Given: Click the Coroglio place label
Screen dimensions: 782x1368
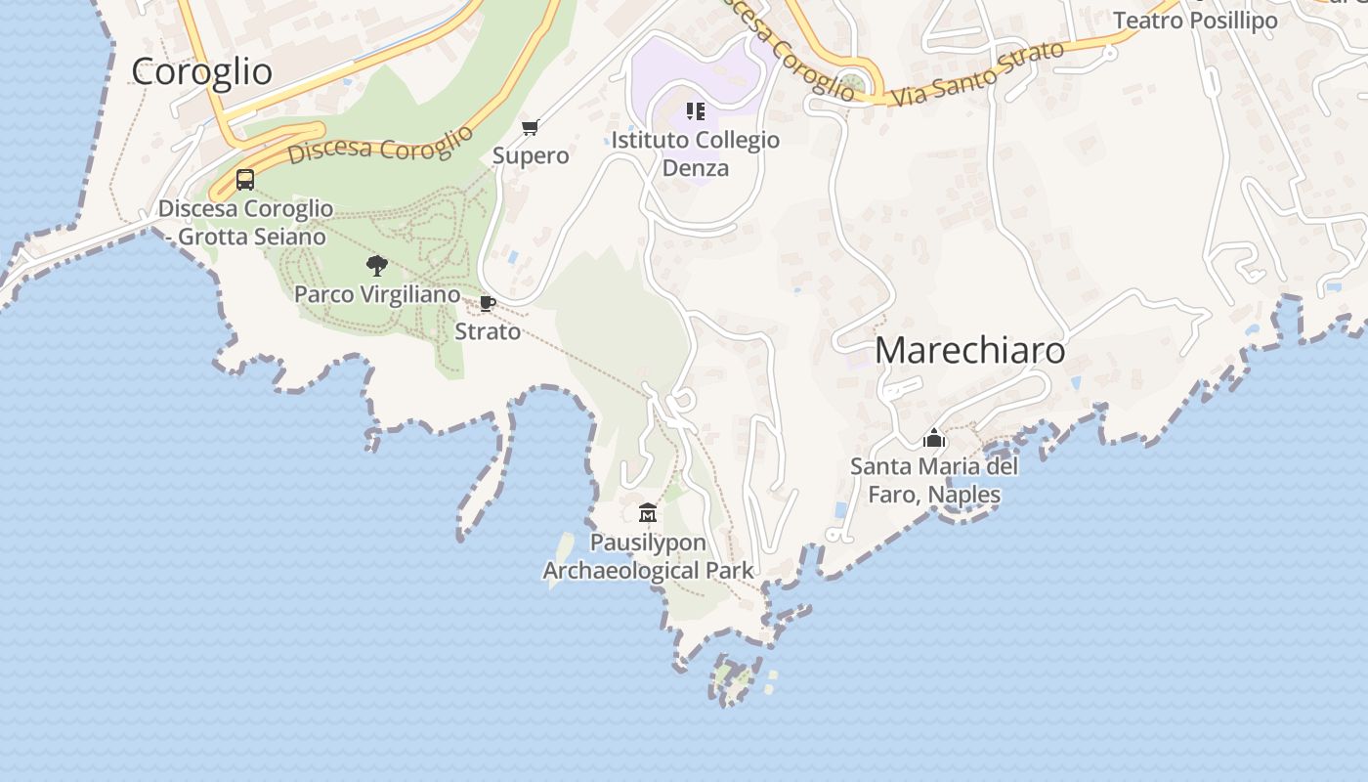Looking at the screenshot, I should click(x=201, y=71).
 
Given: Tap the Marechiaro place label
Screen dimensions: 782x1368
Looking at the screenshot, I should click(x=969, y=350).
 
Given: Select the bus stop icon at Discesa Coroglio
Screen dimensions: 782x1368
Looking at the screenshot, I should click(x=245, y=180).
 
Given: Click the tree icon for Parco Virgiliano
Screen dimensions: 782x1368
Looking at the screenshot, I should click(x=376, y=265).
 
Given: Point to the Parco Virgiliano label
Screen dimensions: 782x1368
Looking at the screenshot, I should click(x=376, y=294).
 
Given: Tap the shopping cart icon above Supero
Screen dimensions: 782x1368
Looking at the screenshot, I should click(x=531, y=127).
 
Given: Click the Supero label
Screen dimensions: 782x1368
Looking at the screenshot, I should click(x=531, y=155).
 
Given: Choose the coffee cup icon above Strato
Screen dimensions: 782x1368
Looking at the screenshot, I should click(x=487, y=303).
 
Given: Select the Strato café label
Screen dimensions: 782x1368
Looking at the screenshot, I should click(x=488, y=331).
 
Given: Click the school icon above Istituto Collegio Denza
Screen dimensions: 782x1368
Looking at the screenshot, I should click(x=695, y=111).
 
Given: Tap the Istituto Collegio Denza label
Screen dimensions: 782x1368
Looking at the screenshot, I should click(x=696, y=153).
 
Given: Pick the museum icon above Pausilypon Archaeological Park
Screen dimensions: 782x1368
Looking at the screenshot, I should click(x=647, y=512).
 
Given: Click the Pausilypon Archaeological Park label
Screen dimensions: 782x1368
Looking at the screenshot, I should click(x=648, y=556).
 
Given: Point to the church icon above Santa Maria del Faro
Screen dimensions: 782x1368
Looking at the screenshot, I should click(x=934, y=438).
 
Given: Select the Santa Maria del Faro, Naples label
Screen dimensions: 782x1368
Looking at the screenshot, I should click(x=934, y=480).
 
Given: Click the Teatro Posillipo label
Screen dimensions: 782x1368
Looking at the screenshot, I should click(x=1195, y=21).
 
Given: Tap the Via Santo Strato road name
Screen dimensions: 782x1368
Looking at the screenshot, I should click(x=977, y=73).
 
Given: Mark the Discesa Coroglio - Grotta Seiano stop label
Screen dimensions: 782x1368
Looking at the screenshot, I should click(x=245, y=222).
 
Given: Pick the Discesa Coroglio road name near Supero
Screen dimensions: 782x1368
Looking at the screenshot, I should click(x=381, y=147).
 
